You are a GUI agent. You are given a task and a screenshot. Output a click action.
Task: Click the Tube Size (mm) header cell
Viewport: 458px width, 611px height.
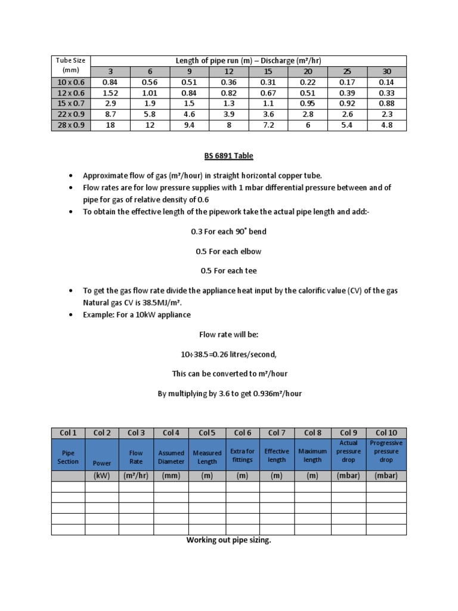70,66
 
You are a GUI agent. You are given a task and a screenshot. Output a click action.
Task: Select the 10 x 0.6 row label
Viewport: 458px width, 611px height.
70,82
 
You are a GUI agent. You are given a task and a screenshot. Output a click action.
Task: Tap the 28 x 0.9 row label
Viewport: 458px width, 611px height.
70,125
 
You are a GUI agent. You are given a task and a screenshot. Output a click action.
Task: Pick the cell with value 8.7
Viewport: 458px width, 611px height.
110,115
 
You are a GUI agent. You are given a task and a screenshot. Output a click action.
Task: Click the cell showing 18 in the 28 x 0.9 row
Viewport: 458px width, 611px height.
110,125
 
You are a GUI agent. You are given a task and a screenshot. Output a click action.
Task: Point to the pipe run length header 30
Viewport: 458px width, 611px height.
386,72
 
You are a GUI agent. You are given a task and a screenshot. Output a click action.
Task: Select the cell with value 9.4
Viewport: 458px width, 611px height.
189,125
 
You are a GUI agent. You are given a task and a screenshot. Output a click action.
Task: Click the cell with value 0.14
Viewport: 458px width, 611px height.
386,82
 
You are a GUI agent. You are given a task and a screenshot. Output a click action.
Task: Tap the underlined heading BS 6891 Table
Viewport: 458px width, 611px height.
229,156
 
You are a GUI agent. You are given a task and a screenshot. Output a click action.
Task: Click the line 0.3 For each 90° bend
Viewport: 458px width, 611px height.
229,232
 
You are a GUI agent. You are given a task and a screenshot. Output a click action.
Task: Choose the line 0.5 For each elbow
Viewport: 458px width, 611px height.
229,251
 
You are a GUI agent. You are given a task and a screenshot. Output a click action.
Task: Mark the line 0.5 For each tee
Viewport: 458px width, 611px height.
229,270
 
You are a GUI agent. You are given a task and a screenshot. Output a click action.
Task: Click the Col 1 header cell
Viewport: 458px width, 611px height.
68,433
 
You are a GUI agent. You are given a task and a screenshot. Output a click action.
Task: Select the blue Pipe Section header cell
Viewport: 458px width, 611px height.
68,457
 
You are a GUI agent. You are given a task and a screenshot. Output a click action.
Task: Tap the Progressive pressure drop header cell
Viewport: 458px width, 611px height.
386,452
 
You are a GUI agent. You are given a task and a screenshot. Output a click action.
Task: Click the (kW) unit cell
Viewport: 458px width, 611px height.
102,476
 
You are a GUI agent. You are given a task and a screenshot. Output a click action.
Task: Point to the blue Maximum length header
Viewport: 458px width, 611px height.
312,455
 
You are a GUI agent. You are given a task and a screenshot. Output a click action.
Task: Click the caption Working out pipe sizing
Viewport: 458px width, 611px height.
229,541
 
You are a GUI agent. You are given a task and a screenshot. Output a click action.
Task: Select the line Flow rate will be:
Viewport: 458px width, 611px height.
229,335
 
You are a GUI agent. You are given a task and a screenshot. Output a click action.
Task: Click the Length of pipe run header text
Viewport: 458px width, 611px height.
247,60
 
